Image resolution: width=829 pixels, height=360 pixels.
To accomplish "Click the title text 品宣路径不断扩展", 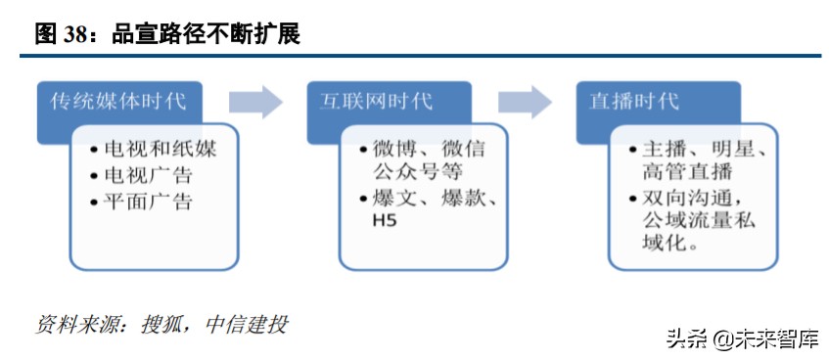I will (x=206, y=34).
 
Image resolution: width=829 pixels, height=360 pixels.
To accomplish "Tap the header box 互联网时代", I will (x=377, y=102).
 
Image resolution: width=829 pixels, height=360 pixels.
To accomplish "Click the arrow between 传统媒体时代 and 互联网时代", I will (x=255, y=102).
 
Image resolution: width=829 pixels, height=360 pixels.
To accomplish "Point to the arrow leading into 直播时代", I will (x=526, y=102).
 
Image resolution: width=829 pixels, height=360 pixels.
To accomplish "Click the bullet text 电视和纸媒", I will (x=159, y=150).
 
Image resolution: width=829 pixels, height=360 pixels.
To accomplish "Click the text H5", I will (x=384, y=222).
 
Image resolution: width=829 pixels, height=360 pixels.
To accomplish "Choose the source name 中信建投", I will (x=247, y=324).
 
